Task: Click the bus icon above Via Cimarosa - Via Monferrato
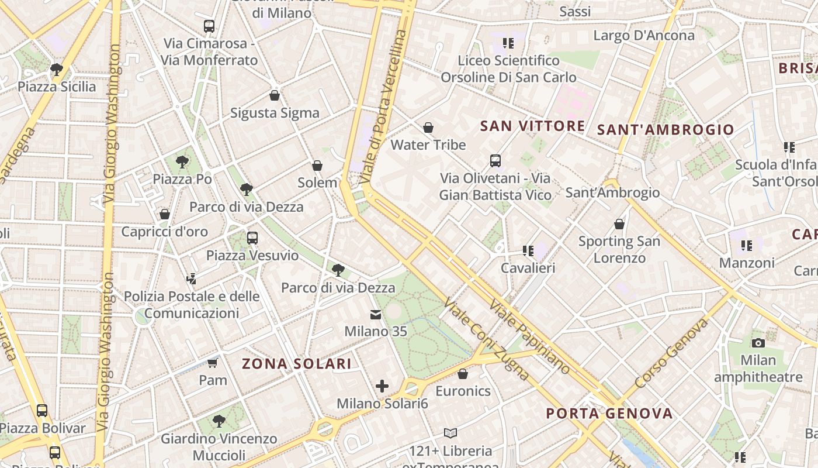[209, 26]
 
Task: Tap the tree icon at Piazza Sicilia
[57, 70]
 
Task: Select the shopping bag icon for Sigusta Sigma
[275, 95]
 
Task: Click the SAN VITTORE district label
[532, 126]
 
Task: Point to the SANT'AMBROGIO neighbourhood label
[666, 130]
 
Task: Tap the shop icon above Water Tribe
[428, 128]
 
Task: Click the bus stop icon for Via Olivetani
[495, 160]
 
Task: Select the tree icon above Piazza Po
[182, 161]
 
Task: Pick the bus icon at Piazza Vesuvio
[252, 238]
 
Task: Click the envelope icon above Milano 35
[375, 315]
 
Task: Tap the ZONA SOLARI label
[297, 364]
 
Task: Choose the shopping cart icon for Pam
[213, 363]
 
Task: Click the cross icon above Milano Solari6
[382, 386]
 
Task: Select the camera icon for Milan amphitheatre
[758, 343]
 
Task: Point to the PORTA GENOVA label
[609, 414]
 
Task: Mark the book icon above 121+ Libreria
[450, 433]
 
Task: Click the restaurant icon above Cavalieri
[528, 251]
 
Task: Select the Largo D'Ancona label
[644, 36]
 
